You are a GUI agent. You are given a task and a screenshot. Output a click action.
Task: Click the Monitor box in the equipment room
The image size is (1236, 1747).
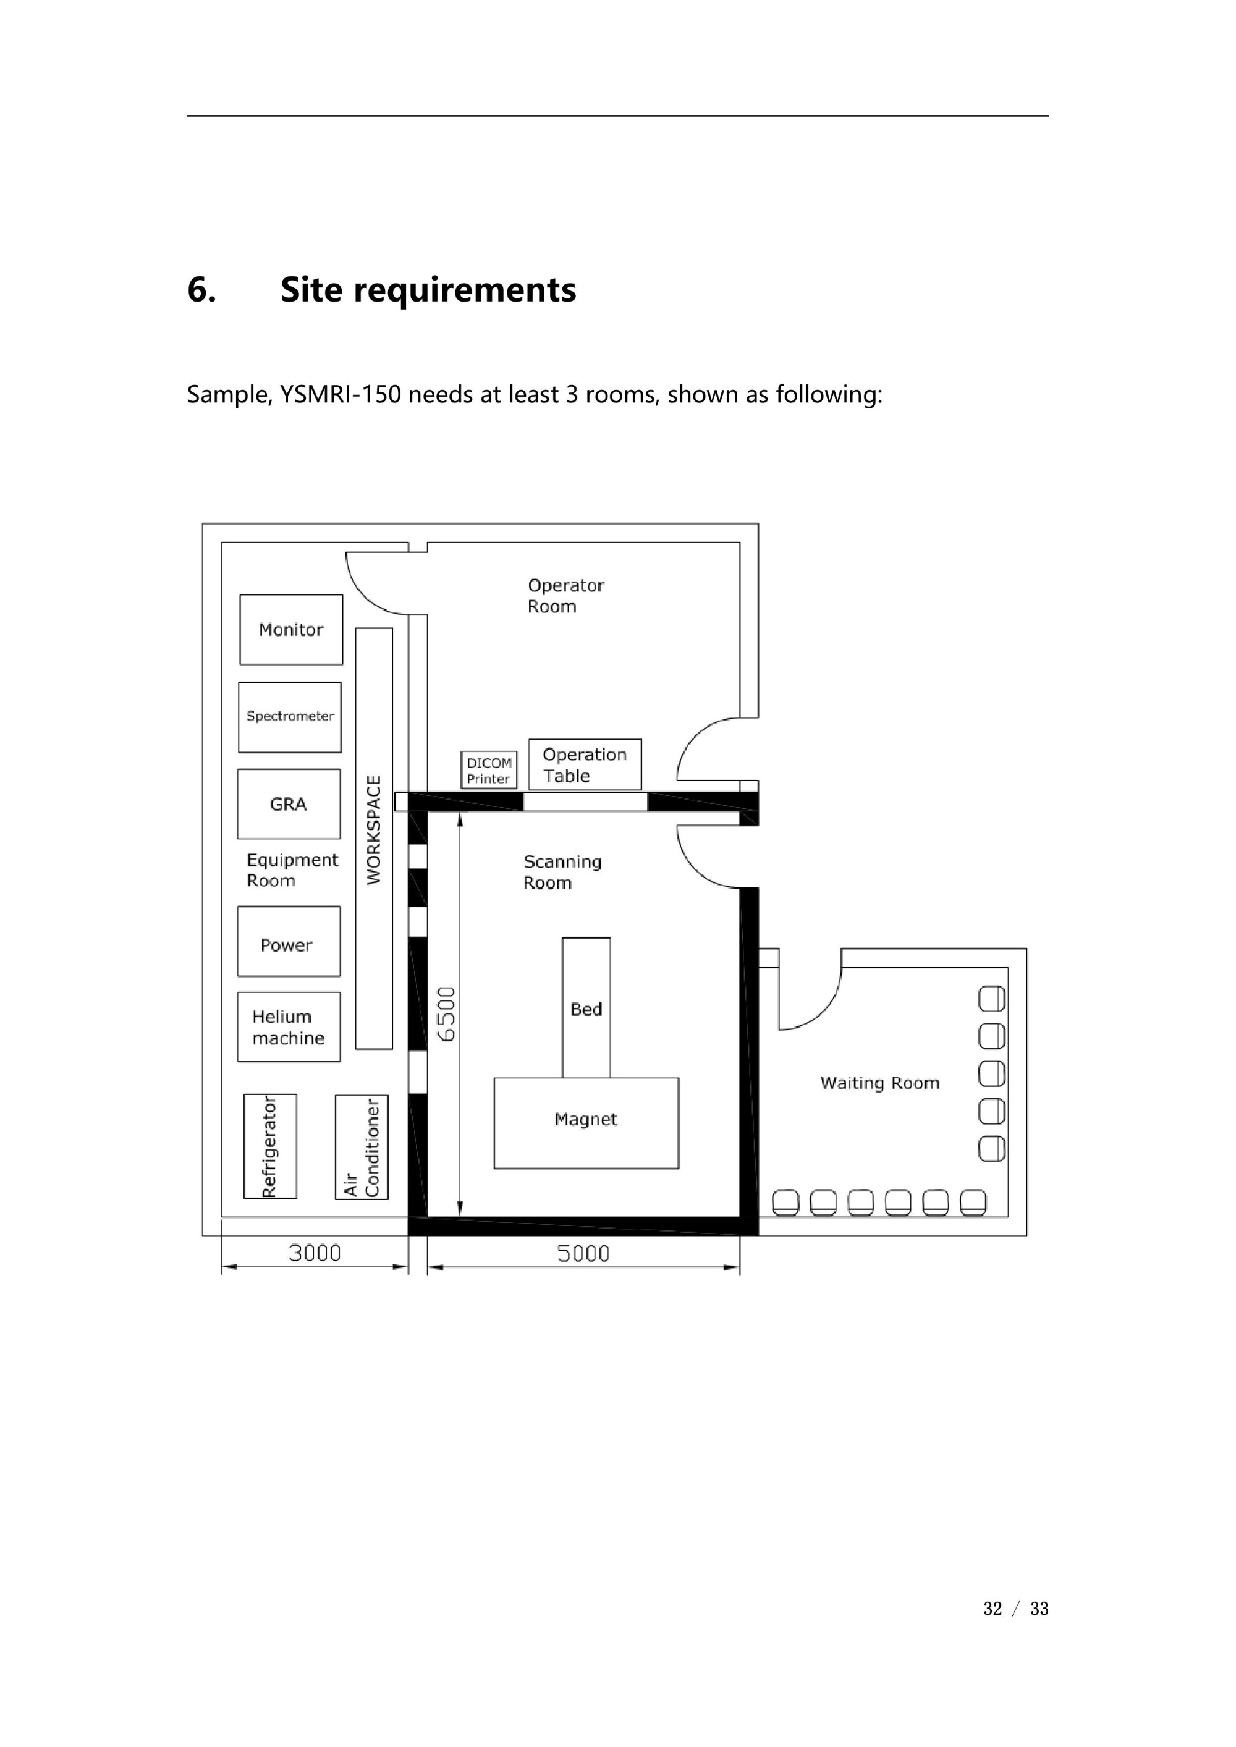point(290,629)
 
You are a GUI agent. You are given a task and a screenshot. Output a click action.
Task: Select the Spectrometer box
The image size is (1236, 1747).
point(290,717)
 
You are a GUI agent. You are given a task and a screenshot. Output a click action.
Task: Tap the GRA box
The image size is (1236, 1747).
point(289,804)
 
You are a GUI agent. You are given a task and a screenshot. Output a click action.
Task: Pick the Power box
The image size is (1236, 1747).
point(289,941)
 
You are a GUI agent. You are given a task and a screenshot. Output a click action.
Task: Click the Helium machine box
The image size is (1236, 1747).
point(289,1026)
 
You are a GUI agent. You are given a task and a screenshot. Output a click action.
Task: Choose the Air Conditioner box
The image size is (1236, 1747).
point(362,1147)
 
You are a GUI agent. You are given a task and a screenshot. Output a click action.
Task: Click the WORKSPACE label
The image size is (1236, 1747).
point(374,829)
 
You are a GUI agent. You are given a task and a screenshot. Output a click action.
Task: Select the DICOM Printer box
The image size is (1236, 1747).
point(489,770)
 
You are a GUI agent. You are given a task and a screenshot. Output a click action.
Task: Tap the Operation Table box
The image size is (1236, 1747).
point(585,764)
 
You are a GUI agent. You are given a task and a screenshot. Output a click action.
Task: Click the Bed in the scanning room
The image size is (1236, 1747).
point(586,1007)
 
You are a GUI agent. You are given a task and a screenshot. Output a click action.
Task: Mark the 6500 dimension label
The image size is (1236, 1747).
point(447,1013)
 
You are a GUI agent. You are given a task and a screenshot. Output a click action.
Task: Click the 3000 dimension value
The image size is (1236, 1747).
point(315,1253)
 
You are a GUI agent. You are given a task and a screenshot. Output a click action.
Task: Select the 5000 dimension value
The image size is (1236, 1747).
point(583,1254)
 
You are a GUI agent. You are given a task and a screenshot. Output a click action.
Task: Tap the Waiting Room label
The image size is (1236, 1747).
point(880,1083)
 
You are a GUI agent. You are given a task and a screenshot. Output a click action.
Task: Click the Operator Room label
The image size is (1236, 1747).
point(565,596)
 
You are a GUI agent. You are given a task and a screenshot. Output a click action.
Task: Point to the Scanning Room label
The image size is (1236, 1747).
point(562,872)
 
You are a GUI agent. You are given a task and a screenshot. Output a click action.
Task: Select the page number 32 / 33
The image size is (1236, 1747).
point(1015,1609)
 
